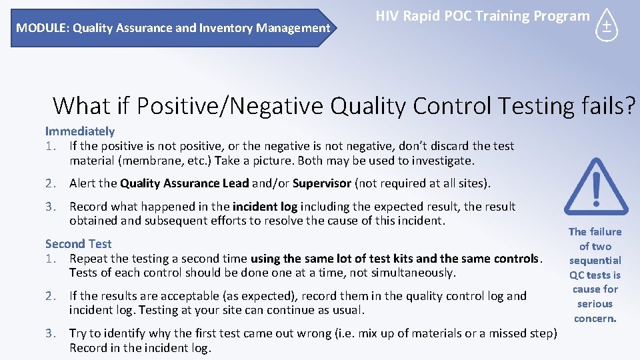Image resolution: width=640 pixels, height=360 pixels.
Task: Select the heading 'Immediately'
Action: pyautogui.click(x=80, y=131)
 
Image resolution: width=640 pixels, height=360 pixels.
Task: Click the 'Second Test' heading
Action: pyautogui.click(x=78, y=244)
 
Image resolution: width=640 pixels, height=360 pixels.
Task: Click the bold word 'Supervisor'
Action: pyautogui.click(x=322, y=183)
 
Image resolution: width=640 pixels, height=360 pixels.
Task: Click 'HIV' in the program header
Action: pyautogui.click(x=389, y=16)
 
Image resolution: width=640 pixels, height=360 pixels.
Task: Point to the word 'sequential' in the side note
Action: pyautogui.click(x=595, y=261)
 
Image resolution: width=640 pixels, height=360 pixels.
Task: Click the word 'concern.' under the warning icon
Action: pyautogui.click(x=595, y=319)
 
